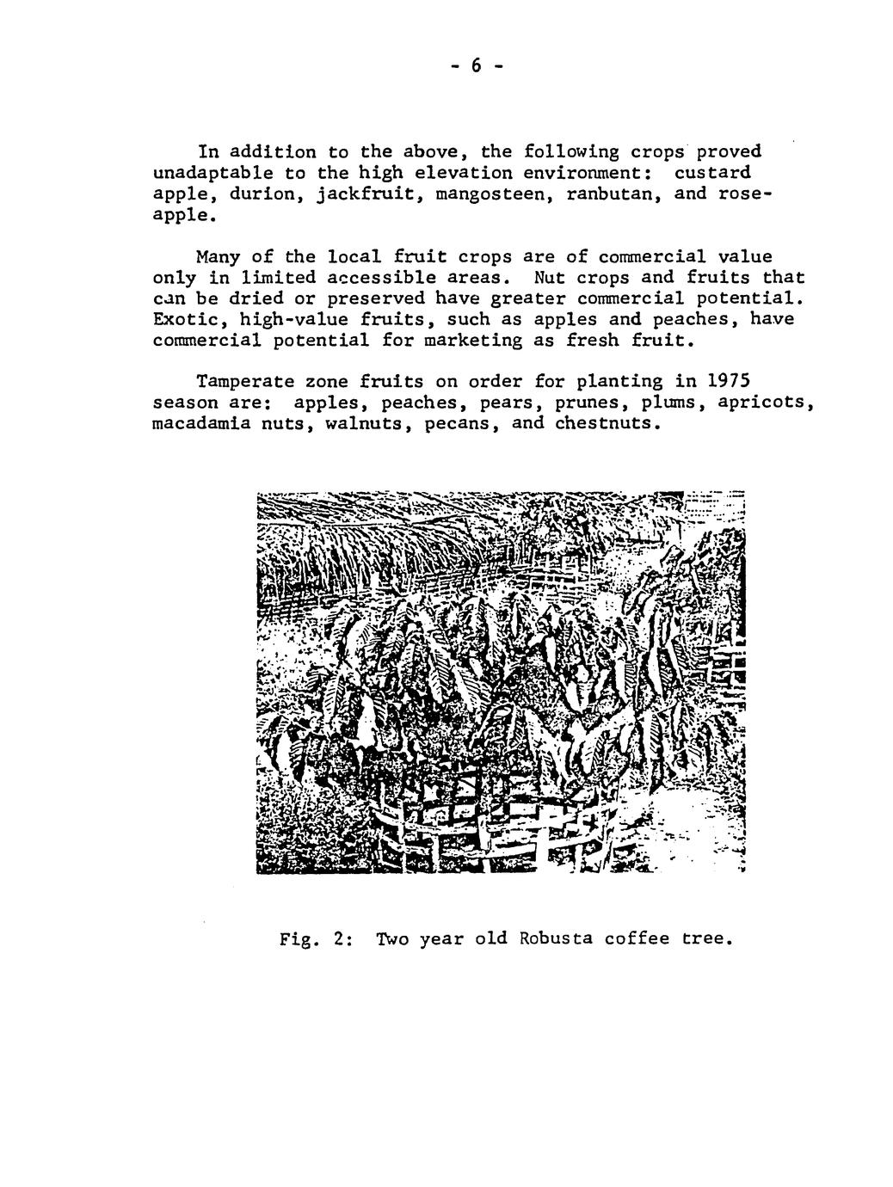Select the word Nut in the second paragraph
point(550,278)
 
